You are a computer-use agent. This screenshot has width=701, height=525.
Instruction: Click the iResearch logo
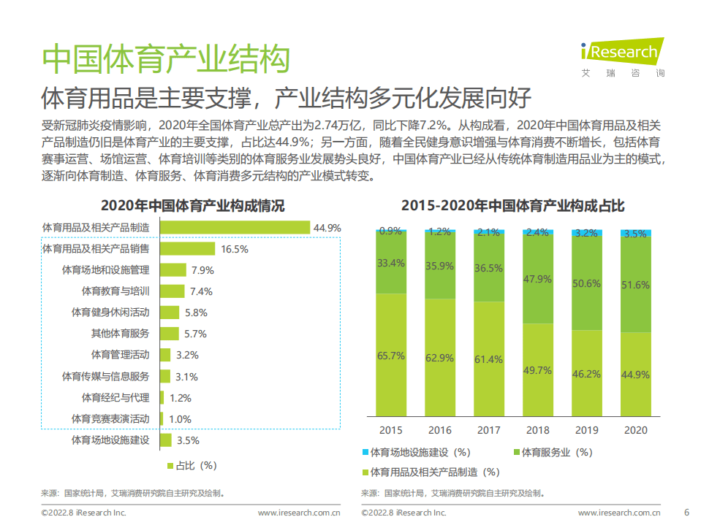(x=622, y=53)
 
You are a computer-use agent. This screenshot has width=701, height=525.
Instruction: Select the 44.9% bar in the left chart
(x=235, y=228)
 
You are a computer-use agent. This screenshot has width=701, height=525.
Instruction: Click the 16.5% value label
(x=235, y=249)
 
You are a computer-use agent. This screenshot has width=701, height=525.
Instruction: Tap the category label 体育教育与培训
(x=115, y=291)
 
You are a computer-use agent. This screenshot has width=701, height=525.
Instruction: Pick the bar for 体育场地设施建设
(x=165, y=440)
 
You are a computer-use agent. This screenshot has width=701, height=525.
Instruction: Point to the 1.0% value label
(x=180, y=419)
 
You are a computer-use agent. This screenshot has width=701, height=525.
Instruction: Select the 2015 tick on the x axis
(x=390, y=430)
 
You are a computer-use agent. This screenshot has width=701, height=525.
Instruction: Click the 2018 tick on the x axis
(x=539, y=430)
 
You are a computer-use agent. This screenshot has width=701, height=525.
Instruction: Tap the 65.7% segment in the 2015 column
(x=390, y=356)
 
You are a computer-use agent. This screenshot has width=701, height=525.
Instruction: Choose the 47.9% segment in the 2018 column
(x=539, y=279)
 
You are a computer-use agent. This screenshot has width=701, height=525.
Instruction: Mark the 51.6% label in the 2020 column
(x=635, y=285)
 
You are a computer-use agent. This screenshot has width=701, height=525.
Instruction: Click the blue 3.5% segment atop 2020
(x=635, y=233)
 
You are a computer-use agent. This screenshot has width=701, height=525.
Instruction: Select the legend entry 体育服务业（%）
(x=551, y=453)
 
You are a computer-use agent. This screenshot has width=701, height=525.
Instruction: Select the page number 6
(x=686, y=511)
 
